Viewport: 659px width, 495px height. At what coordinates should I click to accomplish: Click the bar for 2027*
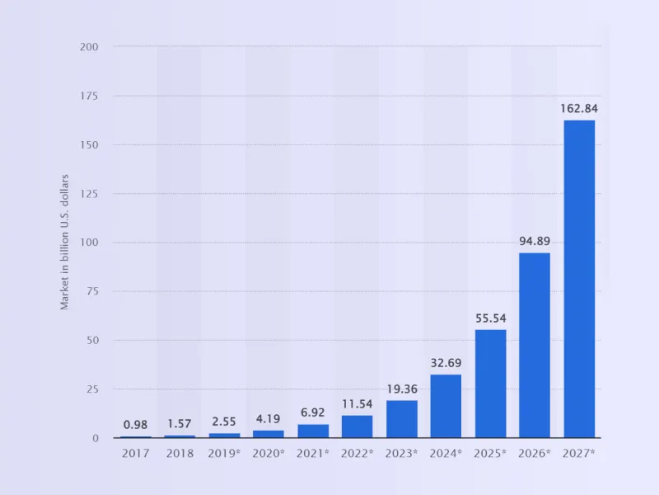pyautogui.click(x=579, y=279)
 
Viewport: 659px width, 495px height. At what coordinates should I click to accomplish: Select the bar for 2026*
pyautogui.click(x=535, y=345)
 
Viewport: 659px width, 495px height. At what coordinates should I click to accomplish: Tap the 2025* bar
pyautogui.click(x=490, y=384)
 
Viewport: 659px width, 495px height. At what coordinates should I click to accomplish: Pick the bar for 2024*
pyautogui.click(x=446, y=406)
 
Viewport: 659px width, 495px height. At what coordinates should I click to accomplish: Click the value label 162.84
pyautogui.click(x=579, y=108)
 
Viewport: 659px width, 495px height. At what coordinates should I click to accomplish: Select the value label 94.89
pyautogui.click(x=535, y=241)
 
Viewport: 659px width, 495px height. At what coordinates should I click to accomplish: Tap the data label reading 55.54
pyautogui.click(x=490, y=318)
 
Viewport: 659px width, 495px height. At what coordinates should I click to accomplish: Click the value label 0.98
pyautogui.click(x=135, y=425)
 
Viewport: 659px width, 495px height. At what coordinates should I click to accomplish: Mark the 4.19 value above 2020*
pyautogui.click(x=268, y=418)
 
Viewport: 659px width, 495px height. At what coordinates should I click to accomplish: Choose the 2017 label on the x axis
pyautogui.click(x=135, y=452)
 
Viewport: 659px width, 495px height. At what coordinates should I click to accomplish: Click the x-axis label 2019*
pyautogui.click(x=223, y=452)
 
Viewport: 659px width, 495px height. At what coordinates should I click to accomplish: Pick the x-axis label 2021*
pyautogui.click(x=312, y=452)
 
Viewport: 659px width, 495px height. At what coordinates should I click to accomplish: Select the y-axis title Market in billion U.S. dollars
pyautogui.click(x=64, y=242)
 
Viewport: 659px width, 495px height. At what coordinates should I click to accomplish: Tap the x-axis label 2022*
pyautogui.click(x=357, y=452)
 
